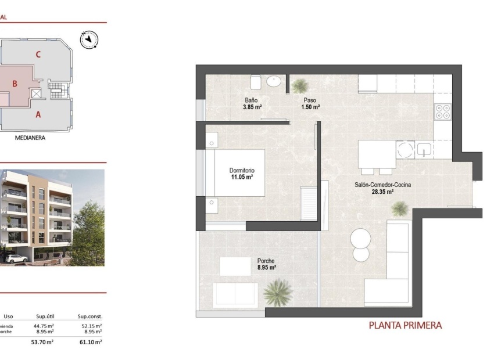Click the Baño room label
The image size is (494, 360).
point(251,100)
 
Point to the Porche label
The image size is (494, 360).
point(266,261)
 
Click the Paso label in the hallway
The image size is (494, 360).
point(310,100)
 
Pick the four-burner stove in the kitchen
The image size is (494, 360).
point(443,111)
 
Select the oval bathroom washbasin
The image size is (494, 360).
point(274,82)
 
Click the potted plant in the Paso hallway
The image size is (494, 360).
point(300,87)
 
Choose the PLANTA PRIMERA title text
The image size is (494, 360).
point(405,325)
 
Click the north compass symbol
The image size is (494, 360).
point(89,39)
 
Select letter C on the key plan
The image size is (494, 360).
point(38,55)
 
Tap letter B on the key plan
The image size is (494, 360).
point(15,84)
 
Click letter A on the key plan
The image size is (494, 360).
point(38,114)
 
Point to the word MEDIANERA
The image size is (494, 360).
point(30,138)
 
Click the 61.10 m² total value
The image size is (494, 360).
point(90,343)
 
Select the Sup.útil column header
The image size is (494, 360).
point(45,316)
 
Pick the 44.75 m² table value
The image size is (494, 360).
point(45,326)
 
